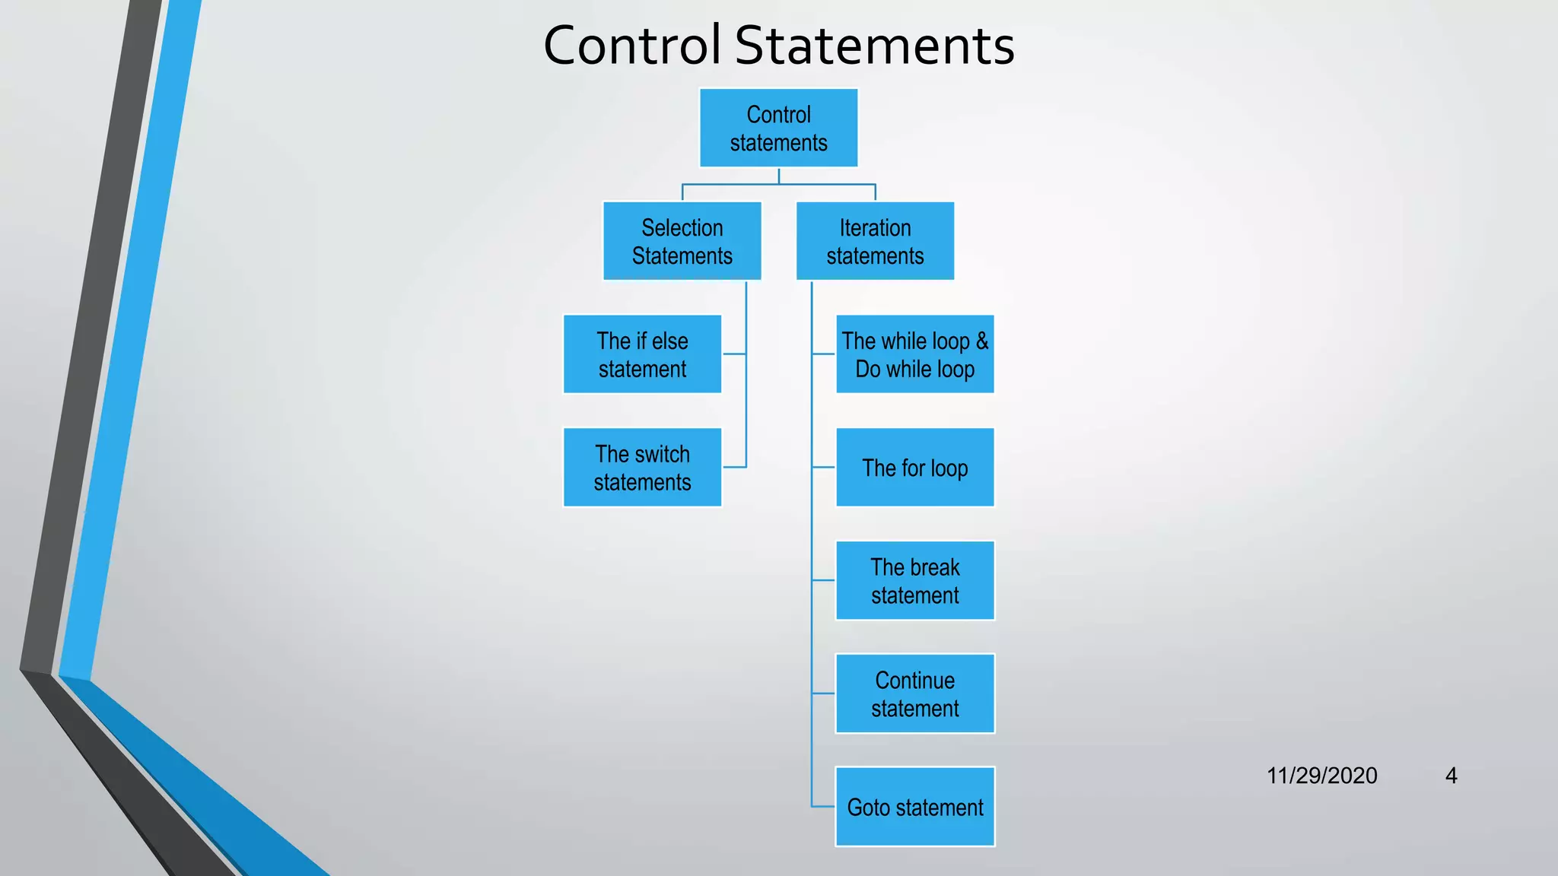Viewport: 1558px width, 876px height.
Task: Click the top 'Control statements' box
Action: tap(778, 128)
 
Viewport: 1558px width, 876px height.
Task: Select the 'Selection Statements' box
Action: tap(682, 241)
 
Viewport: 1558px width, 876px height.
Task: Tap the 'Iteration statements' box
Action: tap(875, 241)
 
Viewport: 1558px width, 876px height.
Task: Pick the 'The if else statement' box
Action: tap(642, 354)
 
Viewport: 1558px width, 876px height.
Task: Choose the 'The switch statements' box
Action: tap(642, 468)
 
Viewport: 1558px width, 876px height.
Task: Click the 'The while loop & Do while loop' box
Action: tap(914, 354)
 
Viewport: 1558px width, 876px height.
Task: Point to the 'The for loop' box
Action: tap(914, 468)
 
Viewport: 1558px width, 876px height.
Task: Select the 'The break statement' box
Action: tap(914, 581)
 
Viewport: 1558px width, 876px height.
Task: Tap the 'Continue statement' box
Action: tap(914, 693)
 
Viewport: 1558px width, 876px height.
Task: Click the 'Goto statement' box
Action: tap(914, 807)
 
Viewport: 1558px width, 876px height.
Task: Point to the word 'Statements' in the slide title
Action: tap(874, 46)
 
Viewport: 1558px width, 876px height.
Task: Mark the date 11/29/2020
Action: tap(1321, 776)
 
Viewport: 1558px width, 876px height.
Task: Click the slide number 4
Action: tap(1451, 776)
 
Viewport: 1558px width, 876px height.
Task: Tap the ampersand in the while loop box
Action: tap(982, 341)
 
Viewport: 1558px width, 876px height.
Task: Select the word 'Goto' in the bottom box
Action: tap(869, 807)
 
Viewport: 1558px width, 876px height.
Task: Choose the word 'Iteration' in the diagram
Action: tap(875, 227)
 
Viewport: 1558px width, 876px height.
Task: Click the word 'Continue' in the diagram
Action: tap(914, 680)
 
